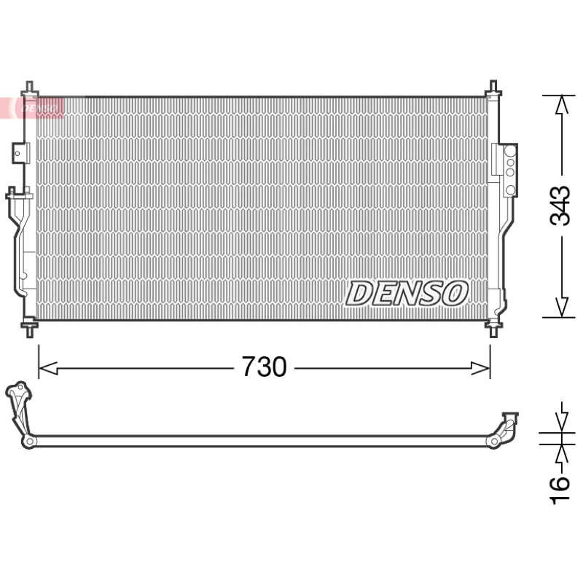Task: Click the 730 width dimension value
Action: point(264,367)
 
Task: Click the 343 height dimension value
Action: point(560,206)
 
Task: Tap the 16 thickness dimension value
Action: point(560,490)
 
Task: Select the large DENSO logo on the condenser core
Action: point(407,294)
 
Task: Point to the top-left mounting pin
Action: point(29,89)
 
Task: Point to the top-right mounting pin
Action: point(493,89)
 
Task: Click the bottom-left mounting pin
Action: point(29,328)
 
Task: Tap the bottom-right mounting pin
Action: point(493,328)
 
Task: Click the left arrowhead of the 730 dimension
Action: point(48,369)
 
